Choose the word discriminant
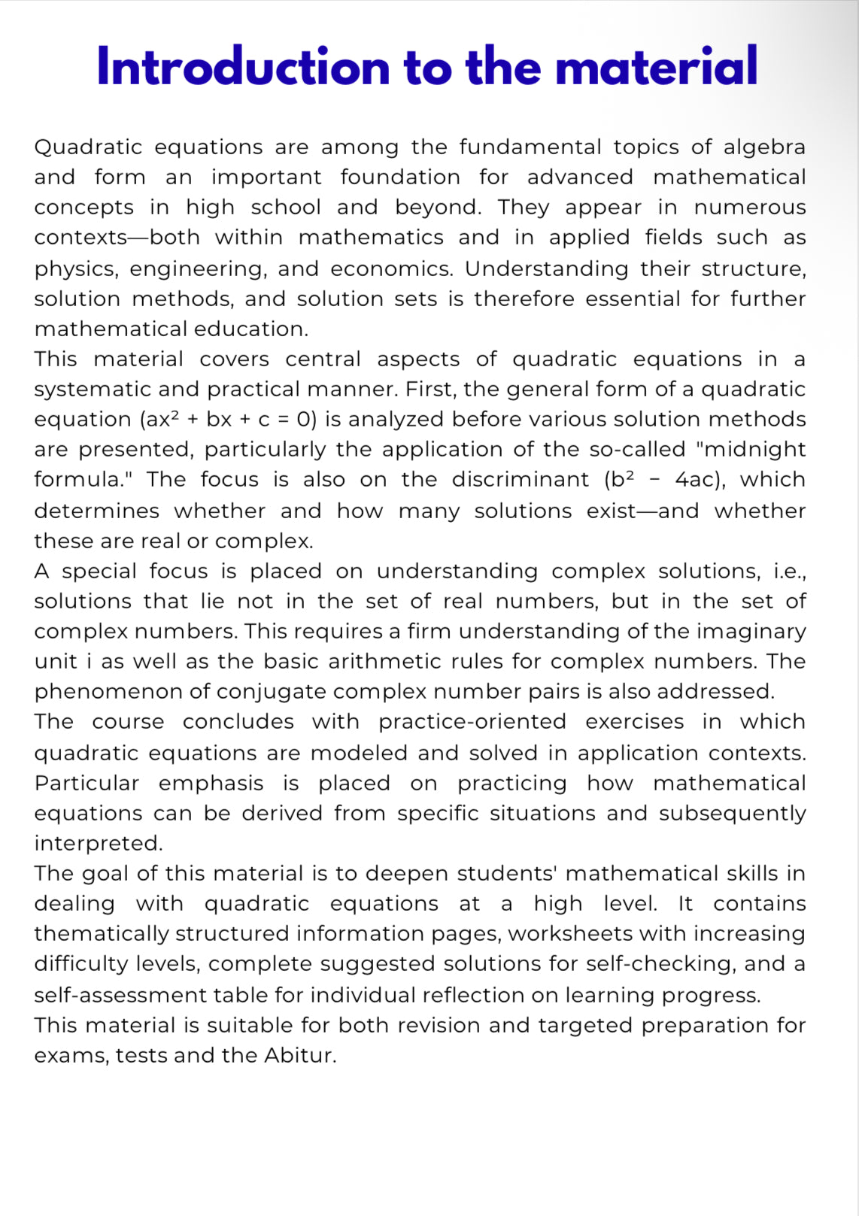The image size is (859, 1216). click(521, 480)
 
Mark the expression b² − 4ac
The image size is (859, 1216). click(664, 480)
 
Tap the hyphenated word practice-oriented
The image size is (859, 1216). click(472, 722)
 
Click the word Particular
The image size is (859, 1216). click(87, 784)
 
